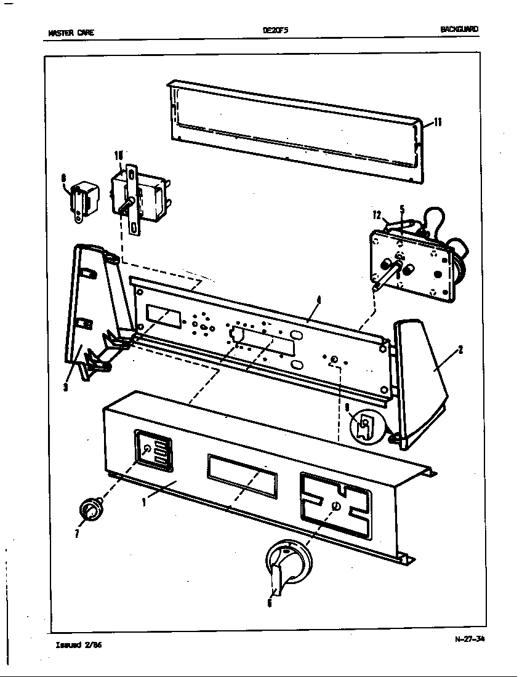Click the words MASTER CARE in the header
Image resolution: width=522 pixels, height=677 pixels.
71,33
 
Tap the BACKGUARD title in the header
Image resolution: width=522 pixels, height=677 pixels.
459,29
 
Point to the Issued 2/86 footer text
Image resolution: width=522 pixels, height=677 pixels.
74,645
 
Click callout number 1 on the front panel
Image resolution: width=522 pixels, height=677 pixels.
143,502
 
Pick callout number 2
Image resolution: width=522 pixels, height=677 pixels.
460,350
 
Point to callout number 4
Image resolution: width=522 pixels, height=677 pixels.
318,300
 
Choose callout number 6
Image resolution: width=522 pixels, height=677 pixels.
269,603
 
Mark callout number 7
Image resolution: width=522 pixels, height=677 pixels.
77,533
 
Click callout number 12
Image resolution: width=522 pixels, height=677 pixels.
377,215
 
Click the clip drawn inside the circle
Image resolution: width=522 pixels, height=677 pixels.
364,425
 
